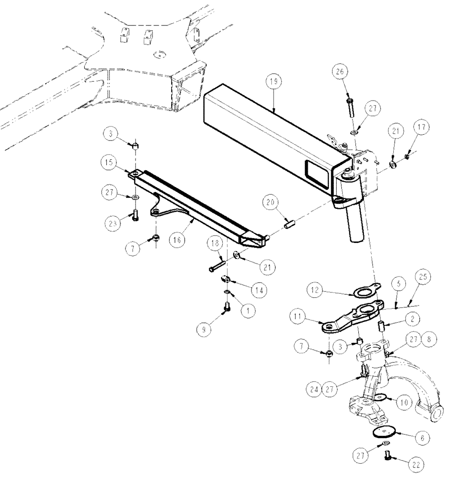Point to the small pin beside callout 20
[x=290, y=225]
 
